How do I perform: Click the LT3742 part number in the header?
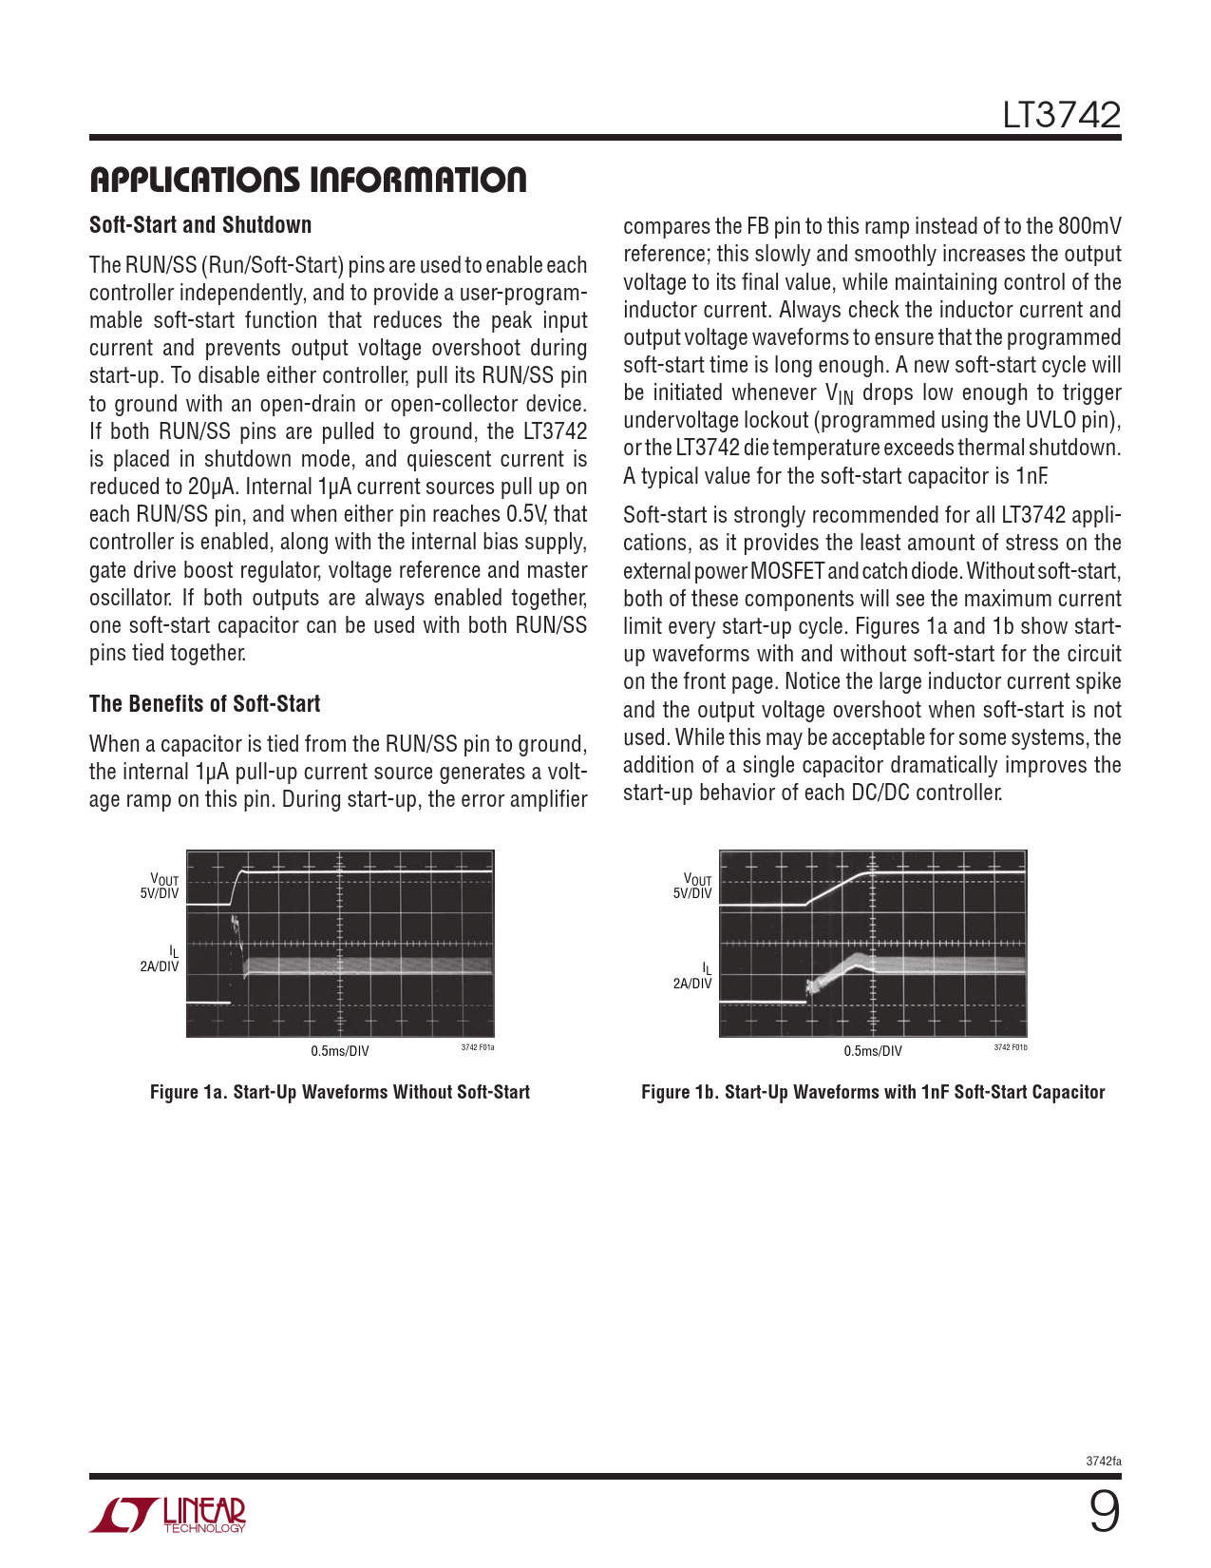[1061, 115]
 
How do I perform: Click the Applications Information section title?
[308, 180]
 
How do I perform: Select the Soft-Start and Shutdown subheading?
[200, 225]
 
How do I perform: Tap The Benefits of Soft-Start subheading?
[204, 704]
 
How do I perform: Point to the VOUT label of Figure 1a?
[164, 880]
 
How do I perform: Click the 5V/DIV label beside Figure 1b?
[692, 893]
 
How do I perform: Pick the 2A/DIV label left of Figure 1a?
[160, 966]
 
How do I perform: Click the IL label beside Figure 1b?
[706, 968]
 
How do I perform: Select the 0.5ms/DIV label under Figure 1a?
[340, 1051]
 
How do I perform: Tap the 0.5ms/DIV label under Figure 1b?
[873, 1051]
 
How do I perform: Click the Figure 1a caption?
[340, 1093]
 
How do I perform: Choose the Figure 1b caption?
[873, 1093]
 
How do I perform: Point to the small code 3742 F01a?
[478, 1047]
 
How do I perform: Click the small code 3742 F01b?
[1011, 1047]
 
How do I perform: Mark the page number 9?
[1104, 1512]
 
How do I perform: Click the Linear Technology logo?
[168, 1515]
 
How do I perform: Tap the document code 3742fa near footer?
[1104, 1462]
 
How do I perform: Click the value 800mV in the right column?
[1088, 226]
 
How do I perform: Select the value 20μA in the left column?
[211, 488]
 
